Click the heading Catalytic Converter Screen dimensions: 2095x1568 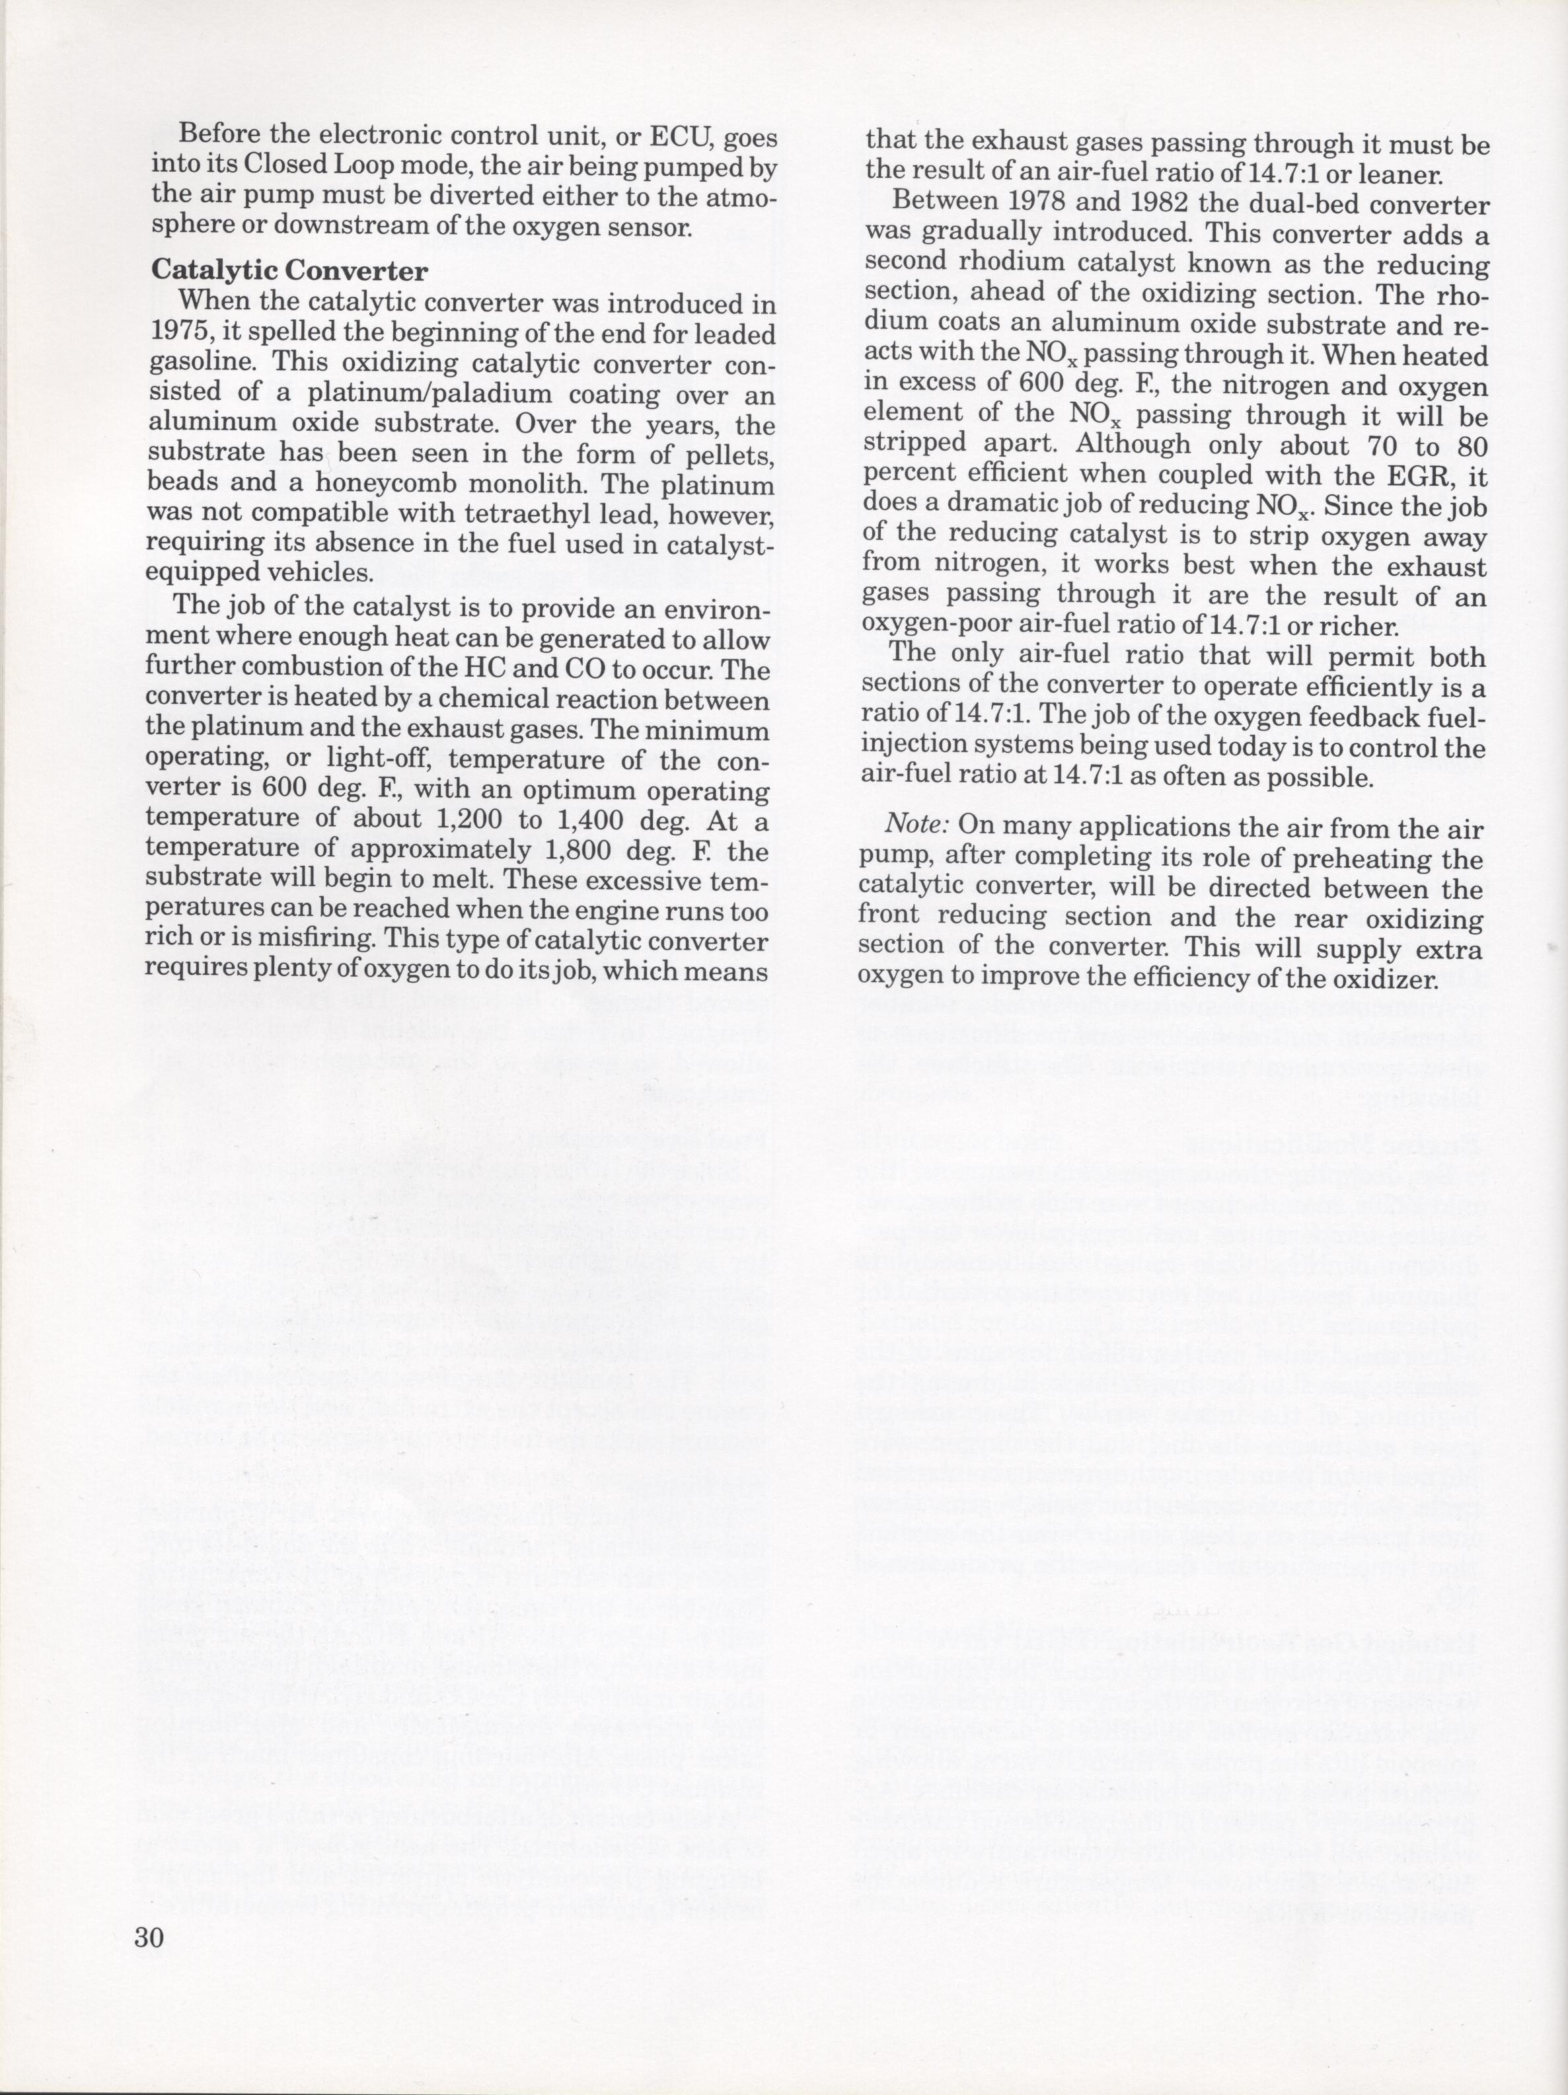coord(289,271)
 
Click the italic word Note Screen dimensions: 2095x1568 coord(916,826)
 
